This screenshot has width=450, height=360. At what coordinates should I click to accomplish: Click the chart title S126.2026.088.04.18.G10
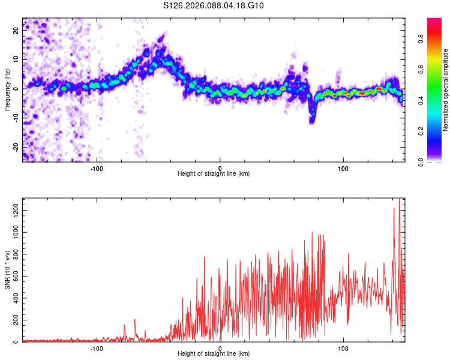[x=214, y=6]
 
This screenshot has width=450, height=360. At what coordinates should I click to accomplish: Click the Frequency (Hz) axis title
[x=7, y=89]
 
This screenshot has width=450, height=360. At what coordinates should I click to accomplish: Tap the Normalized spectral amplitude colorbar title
[x=446, y=90]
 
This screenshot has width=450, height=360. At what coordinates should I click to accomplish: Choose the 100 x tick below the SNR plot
[x=343, y=347]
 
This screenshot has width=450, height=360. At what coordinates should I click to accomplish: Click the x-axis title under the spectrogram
[x=214, y=173]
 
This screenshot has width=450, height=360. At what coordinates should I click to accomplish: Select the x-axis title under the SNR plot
[x=214, y=354]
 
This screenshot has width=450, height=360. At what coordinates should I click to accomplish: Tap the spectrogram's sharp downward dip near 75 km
[x=312, y=118]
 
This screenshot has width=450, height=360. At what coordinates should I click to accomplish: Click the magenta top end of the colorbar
[x=434, y=21]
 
